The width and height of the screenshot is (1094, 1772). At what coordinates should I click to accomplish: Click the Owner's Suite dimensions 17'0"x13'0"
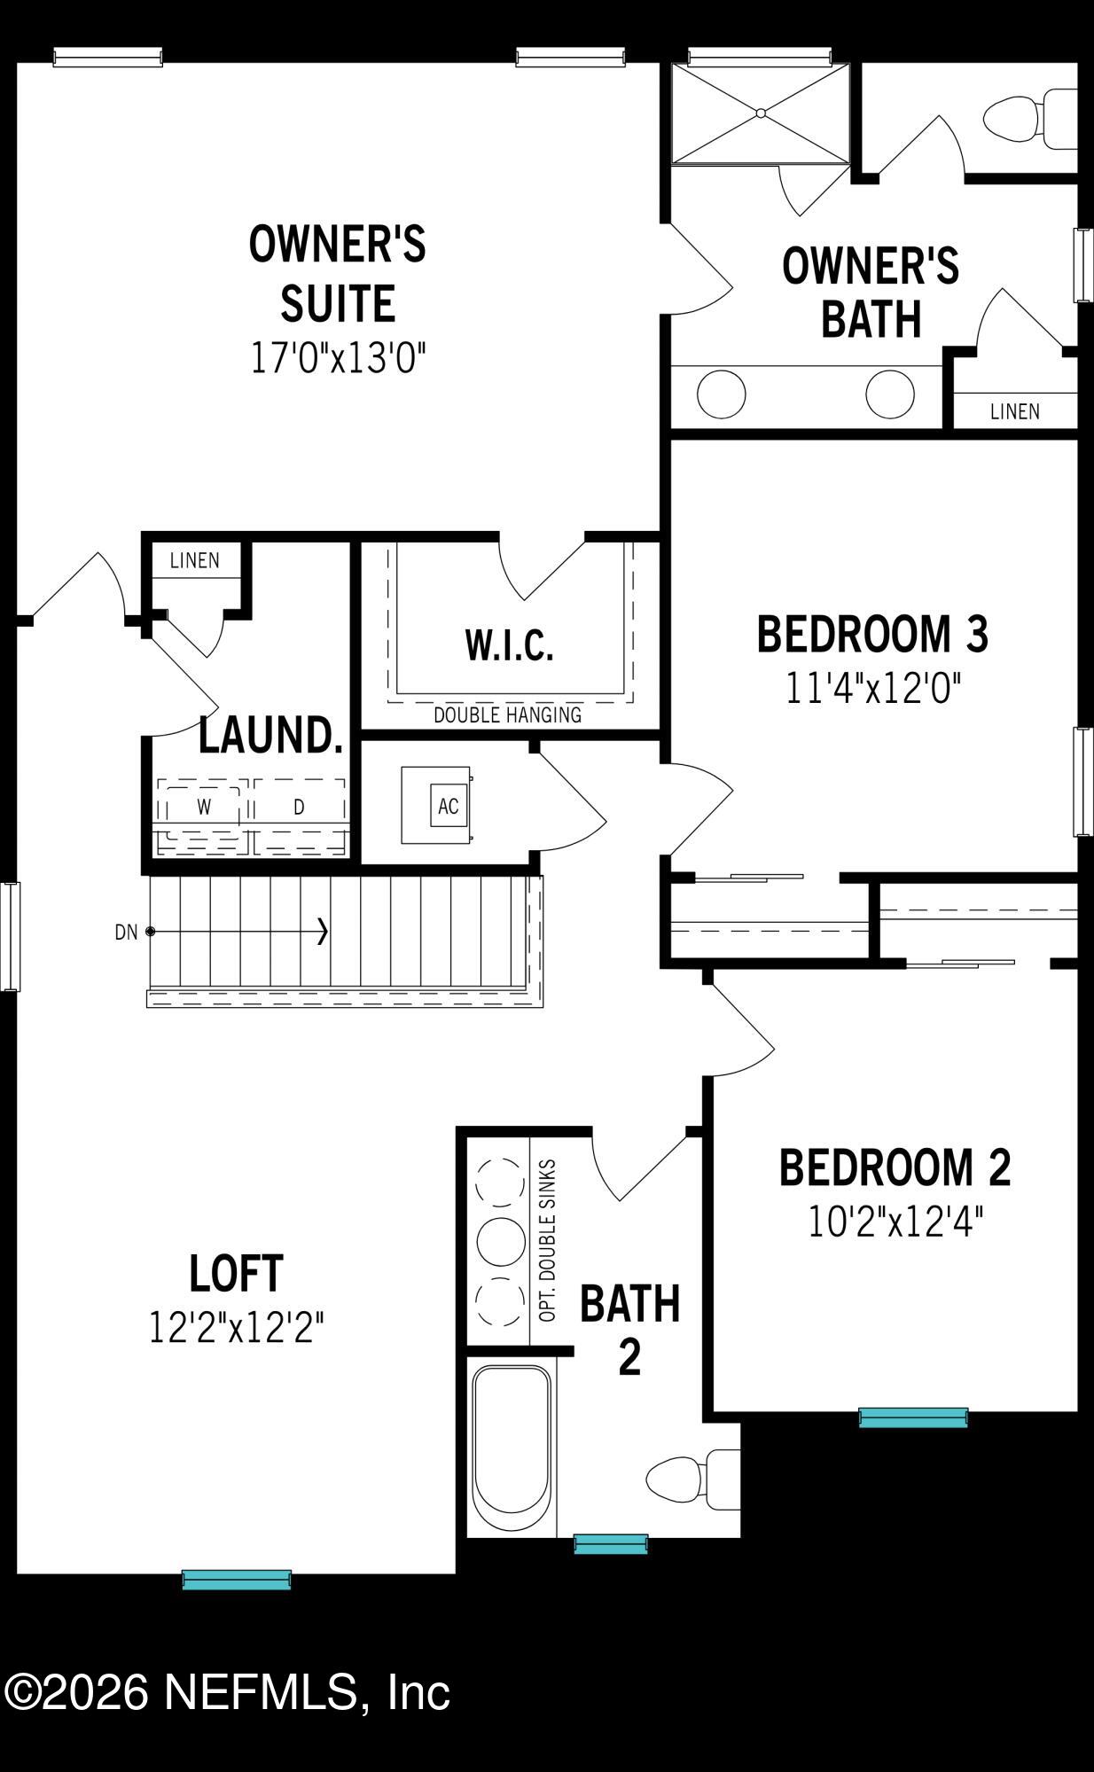[338, 359]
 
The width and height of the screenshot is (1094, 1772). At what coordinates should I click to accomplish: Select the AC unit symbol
[449, 806]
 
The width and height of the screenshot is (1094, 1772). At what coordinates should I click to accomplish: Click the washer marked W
[204, 807]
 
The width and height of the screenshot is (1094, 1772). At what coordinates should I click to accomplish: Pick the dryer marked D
[300, 807]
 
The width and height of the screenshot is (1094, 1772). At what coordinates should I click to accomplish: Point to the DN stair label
[126, 932]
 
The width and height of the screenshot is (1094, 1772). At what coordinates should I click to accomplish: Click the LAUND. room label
[270, 735]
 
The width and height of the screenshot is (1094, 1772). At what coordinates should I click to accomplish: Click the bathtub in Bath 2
[511, 1448]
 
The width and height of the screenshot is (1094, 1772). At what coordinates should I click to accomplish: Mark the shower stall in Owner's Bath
[760, 113]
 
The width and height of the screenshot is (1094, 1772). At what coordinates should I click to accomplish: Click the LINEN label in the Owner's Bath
[1015, 411]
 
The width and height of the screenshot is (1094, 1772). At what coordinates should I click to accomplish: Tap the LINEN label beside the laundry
[195, 560]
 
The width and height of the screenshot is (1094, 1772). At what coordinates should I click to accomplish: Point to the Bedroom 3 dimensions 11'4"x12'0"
[873, 688]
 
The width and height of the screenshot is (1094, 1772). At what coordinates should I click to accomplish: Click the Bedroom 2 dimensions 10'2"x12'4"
[895, 1222]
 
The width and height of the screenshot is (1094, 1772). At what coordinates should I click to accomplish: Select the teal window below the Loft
[237, 1579]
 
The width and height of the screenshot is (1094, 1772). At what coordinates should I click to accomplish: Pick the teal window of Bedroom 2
[913, 1417]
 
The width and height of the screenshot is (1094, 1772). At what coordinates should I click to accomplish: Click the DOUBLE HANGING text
[507, 714]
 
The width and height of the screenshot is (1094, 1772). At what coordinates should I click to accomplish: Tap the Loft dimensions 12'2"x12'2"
[236, 1327]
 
